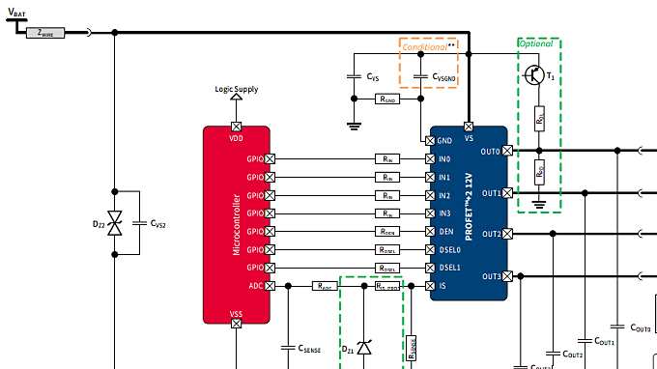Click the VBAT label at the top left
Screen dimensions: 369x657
click(x=16, y=12)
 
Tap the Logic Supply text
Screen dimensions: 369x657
click(x=236, y=89)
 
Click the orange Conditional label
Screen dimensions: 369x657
click(x=426, y=45)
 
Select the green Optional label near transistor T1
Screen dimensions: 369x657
click(x=537, y=44)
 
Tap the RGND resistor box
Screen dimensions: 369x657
click(x=386, y=99)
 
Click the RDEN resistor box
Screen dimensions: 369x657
click(x=386, y=232)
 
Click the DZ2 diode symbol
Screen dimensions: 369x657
click(x=115, y=225)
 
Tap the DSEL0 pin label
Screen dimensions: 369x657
click(x=449, y=249)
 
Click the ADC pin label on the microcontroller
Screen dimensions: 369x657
click(x=255, y=286)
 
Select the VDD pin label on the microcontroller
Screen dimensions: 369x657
click(x=237, y=137)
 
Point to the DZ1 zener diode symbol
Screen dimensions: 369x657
click(x=364, y=346)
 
